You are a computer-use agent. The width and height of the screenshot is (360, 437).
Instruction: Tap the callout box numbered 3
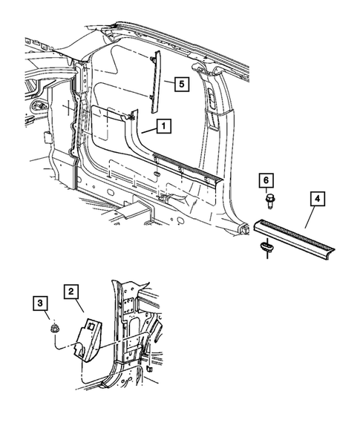point(41,303)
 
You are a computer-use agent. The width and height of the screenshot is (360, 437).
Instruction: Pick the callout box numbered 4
point(316,199)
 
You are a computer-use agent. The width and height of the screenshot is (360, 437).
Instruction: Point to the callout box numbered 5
point(180,84)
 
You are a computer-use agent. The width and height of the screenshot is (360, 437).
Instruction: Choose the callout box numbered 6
point(266,180)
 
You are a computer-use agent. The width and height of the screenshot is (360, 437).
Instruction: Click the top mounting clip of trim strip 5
point(152,59)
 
